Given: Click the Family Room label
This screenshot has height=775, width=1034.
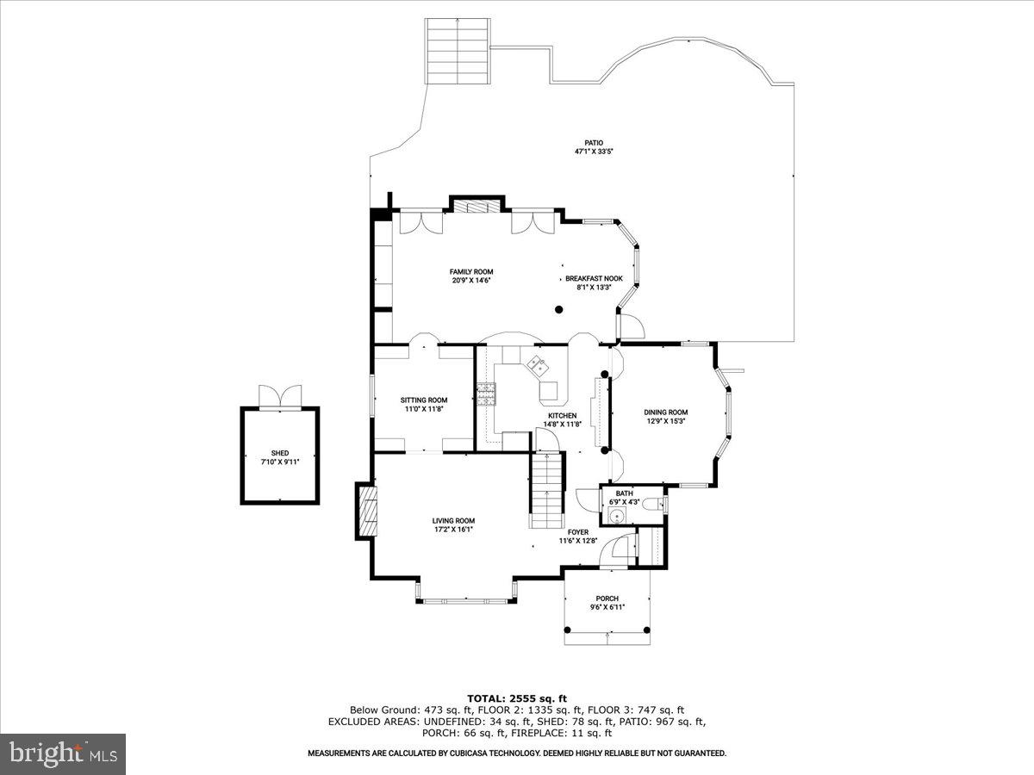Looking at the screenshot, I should [x=471, y=271].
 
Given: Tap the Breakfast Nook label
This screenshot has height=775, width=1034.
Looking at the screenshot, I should [x=594, y=278].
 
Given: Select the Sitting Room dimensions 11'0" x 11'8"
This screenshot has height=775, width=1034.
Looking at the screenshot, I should [x=424, y=410].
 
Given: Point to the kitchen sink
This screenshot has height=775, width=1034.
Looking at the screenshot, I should [x=539, y=365].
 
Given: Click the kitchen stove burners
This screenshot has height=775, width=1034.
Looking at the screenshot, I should [x=486, y=394].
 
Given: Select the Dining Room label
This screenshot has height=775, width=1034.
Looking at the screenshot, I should [x=666, y=412].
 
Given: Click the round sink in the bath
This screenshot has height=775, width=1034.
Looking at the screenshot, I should [x=616, y=516].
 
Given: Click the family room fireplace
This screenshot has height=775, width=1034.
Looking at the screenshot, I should [x=477, y=206].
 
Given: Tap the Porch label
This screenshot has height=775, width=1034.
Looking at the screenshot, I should [x=607, y=598].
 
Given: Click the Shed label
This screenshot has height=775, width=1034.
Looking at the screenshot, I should [x=280, y=453].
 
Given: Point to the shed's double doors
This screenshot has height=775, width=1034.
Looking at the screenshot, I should [x=280, y=395].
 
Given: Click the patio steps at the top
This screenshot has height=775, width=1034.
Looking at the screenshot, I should [x=458, y=51].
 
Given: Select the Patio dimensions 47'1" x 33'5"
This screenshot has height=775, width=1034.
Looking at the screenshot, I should [x=594, y=152].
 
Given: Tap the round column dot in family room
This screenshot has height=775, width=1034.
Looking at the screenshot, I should [x=558, y=309].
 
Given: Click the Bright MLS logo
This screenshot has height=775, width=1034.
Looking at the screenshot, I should [x=64, y=753].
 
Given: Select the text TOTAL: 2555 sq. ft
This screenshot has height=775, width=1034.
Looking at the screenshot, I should [x=517, y=697].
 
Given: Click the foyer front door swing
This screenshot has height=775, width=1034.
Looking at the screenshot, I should [x=614, y=551].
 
